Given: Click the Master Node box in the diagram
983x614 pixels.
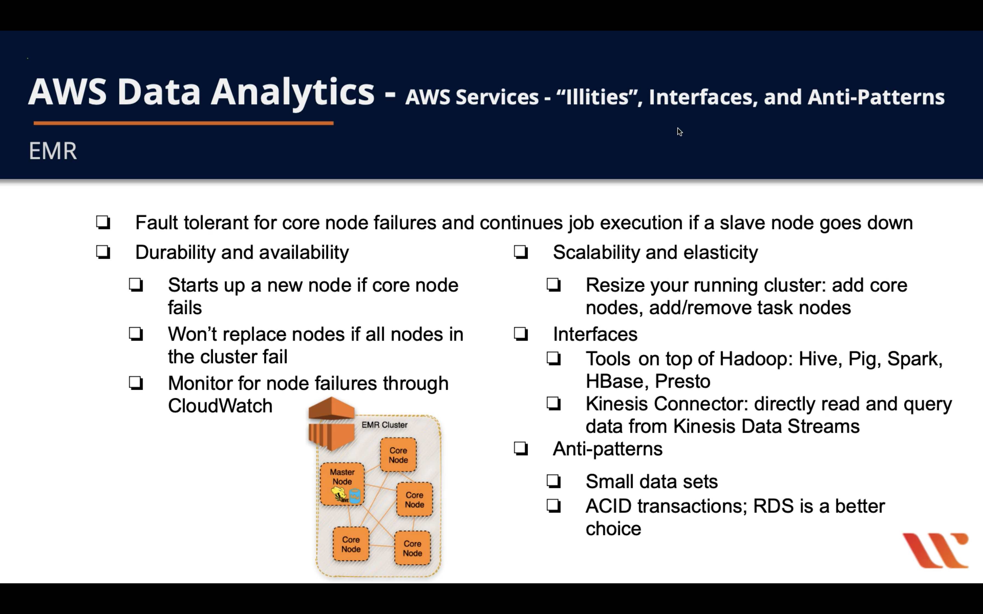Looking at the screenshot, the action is click(x=342, y=484).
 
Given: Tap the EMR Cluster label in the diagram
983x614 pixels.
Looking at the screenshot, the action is click(x=384, y=425).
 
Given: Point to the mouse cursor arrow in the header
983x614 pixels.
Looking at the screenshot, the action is click(x=680, y=132).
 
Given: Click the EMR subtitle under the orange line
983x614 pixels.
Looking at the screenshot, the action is click(x=53, y=151).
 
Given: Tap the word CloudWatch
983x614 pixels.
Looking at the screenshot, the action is click(x=220, y=406).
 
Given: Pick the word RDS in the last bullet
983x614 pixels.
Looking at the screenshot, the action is click(x=773, y=506).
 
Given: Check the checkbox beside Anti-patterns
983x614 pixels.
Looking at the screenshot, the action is click(x=521, y=449).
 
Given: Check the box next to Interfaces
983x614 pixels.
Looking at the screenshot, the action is click(x=521, y=334).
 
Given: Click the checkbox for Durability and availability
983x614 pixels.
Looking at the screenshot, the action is click(x=103, y=252).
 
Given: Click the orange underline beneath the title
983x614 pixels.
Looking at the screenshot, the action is click(x=183, y=123).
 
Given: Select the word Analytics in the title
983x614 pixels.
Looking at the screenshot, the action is click(x=292, y=92).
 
